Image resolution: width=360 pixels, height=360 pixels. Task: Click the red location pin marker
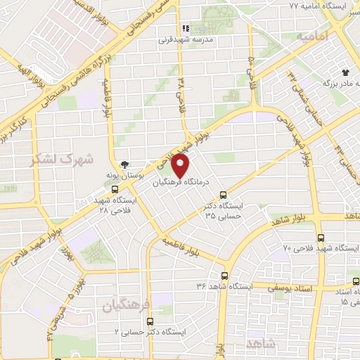coord(181,166)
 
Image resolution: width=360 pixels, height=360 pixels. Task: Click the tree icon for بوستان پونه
coord(125,165)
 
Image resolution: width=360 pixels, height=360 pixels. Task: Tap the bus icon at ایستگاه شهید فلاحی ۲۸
coord(115,189)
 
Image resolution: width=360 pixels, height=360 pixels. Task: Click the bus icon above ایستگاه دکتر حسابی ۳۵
coord(224,195)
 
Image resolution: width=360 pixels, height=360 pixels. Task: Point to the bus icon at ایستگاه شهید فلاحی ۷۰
coord(321,238)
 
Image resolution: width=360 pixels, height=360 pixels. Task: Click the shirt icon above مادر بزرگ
coord(345,72)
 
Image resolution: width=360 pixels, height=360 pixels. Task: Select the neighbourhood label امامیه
coord(313,35)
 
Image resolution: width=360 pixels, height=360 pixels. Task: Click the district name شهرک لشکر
coord(63,159)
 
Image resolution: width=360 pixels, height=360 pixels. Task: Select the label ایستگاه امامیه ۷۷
coord(314,6)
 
